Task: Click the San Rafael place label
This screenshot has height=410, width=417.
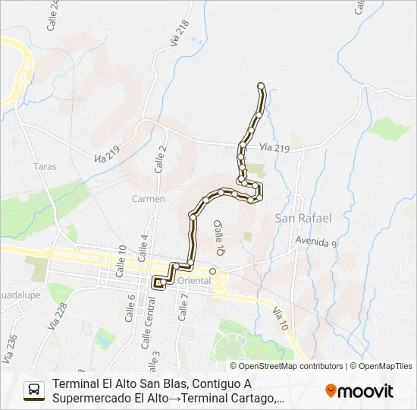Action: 303,218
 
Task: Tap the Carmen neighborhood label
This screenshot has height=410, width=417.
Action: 149,199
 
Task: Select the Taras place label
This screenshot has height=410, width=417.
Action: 45,166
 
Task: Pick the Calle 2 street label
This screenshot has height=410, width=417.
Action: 160,159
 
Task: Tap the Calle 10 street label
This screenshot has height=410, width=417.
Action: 121,260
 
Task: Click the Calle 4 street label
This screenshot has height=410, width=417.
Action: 143,246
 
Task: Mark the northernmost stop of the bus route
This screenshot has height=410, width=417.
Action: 262,85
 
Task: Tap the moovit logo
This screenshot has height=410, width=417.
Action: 359,391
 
